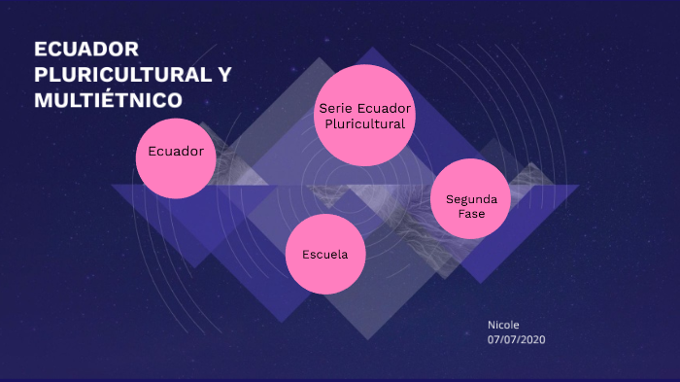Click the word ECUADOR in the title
tap(86, 50)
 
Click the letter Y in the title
tap(224, 74)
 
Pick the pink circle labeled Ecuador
tap(176, 157)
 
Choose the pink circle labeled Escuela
tap(325, 255)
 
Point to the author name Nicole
tap(504, 325)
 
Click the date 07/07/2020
tap(517, 340)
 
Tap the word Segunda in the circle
tap(471, 198)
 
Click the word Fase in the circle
tap(471, 213)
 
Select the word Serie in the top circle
tap(334, 107)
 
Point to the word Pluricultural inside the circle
tap(365, 123)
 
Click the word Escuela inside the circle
tap(325, 255)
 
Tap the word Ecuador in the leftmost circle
tap(176, 152)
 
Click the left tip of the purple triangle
tap(113, 186)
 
